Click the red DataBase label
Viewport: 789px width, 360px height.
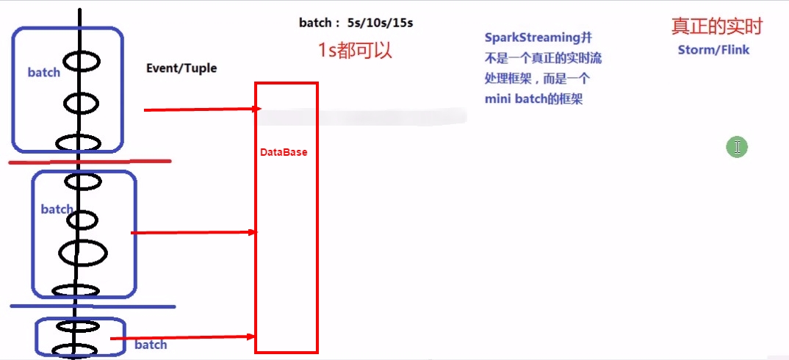pyautogui.click(x=284, y=152)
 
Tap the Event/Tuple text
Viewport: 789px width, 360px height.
pyautogui.click(x=181, y=68)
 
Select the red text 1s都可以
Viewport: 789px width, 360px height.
pyautogui.click(x=356, y=50)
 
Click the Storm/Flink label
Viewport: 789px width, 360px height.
pyautogui.click(x=713, y=50)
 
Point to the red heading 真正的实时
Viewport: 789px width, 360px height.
pyautogui.click(x=717, y=27)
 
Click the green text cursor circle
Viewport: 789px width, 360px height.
pyautogui.click(x=736, y=147)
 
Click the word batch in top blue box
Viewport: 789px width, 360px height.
pyautogui.click(x=44, y=72)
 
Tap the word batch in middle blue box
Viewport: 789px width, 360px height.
pyautogui.click(x=57, y=209)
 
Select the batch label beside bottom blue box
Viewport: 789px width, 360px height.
pyautogui.click(x=151, y=345)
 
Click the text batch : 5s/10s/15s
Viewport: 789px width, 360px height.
pyautogui.click(x=356, y=23)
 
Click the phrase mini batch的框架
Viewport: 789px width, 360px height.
pyautogui.click(x=533, y=99)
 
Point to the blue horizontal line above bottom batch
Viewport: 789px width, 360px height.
pyautogui.click(x=92, y=306)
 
